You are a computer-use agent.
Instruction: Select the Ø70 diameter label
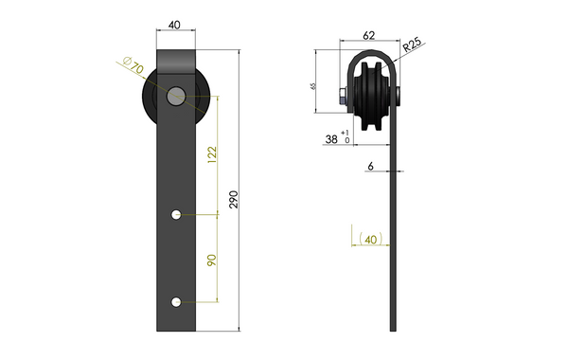(x=133, y=67)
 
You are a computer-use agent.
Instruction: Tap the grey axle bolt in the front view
(x=175, y=96)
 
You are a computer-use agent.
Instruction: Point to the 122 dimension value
(x=211, y=153)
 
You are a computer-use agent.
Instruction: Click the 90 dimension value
(x=211, y=259)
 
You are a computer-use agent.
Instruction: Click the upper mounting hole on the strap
(x=176, y=215)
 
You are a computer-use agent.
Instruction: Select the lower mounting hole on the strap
(x=176, y=302)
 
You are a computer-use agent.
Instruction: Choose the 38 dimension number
(x=331, y=138)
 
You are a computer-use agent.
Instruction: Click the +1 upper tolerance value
(x=346, y=133)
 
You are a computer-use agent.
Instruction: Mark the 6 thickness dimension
(x=372, y=165)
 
